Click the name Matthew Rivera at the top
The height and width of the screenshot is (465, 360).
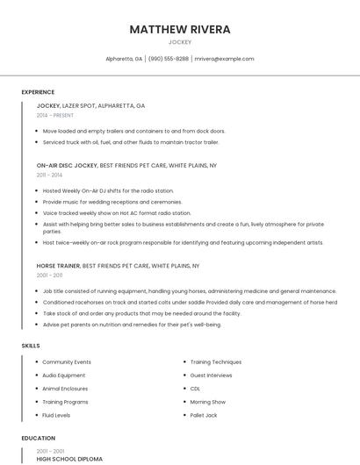[x=180, y=29]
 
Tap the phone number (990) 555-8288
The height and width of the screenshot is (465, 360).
[x=169, y=59]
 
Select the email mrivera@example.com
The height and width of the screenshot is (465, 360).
[x=224, y=59]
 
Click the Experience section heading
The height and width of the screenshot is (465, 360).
[x=38, y=92]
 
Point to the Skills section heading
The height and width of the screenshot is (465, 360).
[x=31, y=346]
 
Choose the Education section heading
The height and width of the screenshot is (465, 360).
[x=38, y=437]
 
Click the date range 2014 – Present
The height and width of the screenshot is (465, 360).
[x=54, y=115]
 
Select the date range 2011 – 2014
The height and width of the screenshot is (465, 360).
[x=49, y=175]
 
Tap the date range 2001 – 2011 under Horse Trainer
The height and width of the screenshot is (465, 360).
[x=49, y=275]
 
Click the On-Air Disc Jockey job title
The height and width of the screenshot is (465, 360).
[x=67, y=165]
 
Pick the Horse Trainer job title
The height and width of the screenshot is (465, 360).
[x=58, y=265]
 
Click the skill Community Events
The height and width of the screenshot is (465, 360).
[x=67, y=362]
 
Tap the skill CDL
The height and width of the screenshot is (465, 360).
[x=195, y=389]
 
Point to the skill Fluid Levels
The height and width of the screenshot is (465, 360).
[x=56, y=415]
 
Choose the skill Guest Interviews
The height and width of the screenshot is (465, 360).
[x=212, y=376]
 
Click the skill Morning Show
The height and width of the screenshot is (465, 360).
[x=208, y=402]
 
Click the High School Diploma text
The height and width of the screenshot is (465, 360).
[x=69, y=459]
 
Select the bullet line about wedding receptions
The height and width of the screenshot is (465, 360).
[x=112, y=202]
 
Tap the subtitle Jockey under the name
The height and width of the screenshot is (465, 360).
[x=180, y=42]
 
